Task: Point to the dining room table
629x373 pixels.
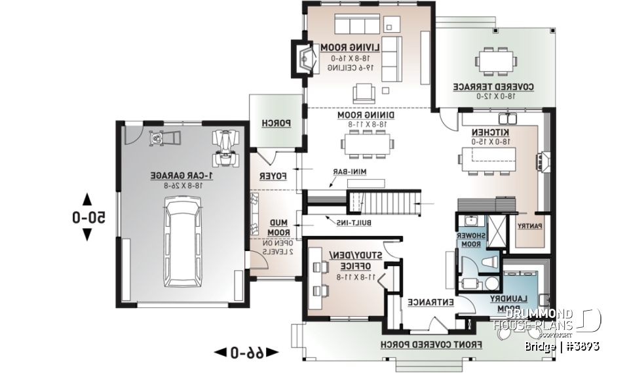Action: click(366, 142)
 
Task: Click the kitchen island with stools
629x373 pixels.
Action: click(488, 158)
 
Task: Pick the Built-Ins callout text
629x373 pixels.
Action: click(354, 223)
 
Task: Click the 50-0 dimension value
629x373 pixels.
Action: click(88, 218)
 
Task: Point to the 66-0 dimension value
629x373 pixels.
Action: click(246, 353)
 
